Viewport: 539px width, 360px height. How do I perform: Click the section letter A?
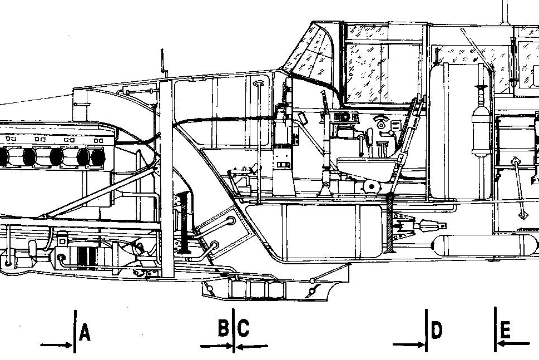(x=85, y=333)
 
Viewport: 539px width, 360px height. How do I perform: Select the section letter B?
(x=224, y=328)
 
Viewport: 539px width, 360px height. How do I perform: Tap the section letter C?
(x=243, y=328)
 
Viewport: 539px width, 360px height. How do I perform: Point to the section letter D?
(x=436, y=330)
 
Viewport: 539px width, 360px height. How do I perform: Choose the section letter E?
(x=505, y=330)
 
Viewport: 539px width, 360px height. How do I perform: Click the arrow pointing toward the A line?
(x=56, y=345)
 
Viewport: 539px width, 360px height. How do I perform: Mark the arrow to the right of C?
(x=252, y=347)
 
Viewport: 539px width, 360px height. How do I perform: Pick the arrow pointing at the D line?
(x=409, y=344)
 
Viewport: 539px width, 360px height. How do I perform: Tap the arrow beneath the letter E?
(x=513, y=343)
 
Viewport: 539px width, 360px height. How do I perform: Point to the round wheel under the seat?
(x=371, y=187)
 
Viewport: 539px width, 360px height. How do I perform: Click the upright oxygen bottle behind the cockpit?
(x=481, y=131)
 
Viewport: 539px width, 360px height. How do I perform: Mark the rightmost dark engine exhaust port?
(x=98, y=157)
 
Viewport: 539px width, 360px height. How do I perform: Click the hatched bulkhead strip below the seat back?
(x=390, y=223)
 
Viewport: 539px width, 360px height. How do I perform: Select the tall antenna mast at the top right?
(x=505, y=12)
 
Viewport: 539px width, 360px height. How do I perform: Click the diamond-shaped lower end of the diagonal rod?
(x=522, y=215)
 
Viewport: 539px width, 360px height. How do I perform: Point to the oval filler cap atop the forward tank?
(x=258, y=83)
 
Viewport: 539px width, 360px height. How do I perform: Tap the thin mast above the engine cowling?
(x=162, y=62)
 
